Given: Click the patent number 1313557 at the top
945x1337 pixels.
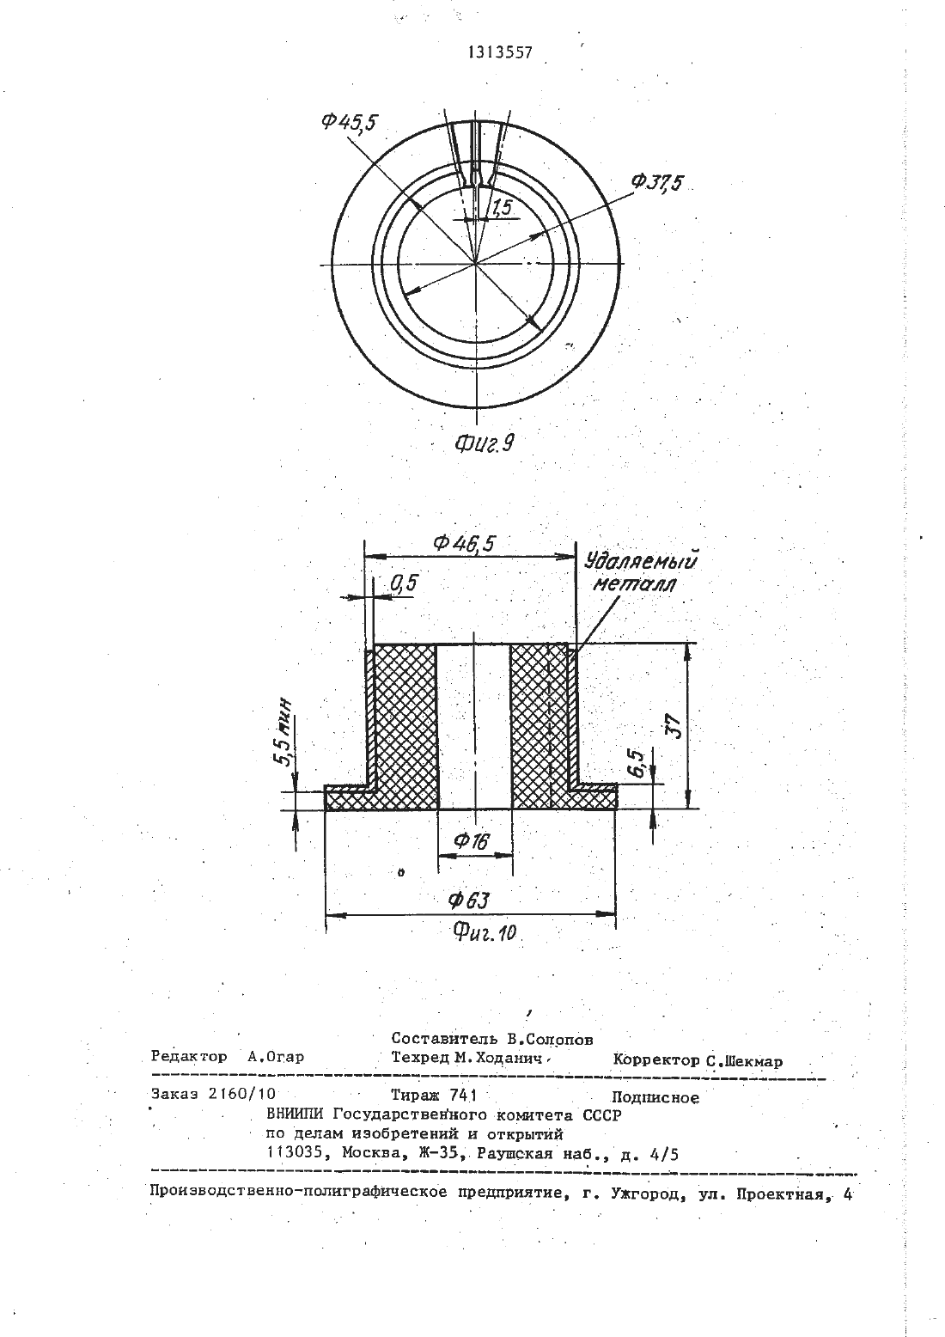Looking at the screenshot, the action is [499, 53].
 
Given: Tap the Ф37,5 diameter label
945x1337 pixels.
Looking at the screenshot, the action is [655, 183].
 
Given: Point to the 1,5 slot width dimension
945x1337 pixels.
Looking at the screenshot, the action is [503, 207].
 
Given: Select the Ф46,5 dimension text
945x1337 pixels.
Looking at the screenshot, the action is [466, 543].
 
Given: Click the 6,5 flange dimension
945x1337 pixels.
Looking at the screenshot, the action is [637, 763].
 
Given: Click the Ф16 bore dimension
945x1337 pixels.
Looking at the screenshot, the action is [472, 841].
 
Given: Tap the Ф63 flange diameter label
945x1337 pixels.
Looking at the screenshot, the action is [468, 900].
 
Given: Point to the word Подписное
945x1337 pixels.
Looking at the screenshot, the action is [655, 1097].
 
